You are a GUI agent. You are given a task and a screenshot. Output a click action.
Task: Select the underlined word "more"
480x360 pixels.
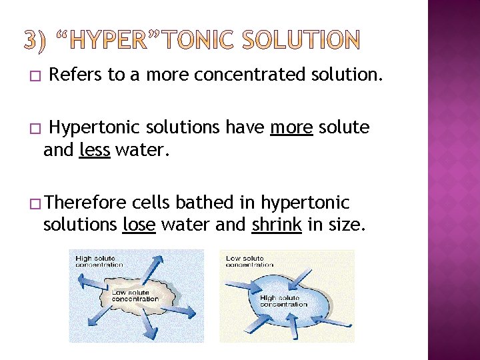pos(291,127)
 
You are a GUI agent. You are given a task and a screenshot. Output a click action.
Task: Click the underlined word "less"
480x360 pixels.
pos(94,151)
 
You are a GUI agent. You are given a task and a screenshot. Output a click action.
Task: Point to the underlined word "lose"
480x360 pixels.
pos(139,225)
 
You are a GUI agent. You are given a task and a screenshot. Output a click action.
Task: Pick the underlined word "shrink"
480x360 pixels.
pos(277,225)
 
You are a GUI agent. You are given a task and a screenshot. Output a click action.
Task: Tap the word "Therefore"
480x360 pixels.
pos(87,202)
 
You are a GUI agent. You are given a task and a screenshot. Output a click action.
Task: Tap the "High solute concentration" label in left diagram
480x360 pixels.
pos(99,261)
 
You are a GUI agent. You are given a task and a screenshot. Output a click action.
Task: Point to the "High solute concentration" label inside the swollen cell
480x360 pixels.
pos(284,301)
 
